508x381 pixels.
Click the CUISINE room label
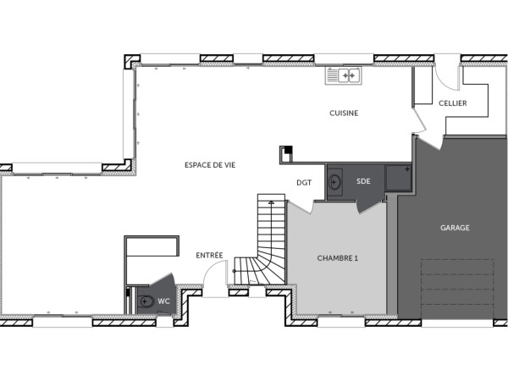point(345,113)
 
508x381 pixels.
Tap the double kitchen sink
point(343,76)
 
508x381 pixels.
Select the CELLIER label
point(453,103)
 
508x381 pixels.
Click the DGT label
point(303,181)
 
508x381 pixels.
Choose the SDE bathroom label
point(363,181)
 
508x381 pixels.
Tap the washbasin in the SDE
point(335,181)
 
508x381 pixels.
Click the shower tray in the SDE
point(397,177)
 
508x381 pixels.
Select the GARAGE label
point(455,227)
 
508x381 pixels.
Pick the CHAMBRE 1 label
point(338,257)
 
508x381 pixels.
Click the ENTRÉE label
point(210,255)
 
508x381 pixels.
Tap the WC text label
point(165,301)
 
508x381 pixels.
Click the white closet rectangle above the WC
point(152,246)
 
